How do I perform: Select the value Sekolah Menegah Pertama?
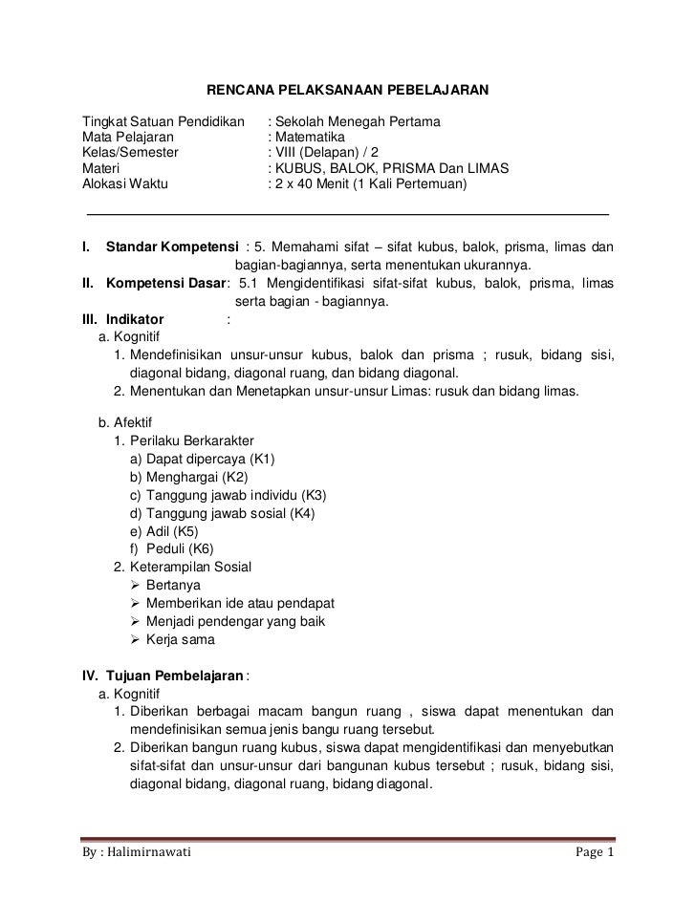357,124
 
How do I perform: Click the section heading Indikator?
135,319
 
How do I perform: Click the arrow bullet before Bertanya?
134,585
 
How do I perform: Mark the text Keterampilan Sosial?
190,567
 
